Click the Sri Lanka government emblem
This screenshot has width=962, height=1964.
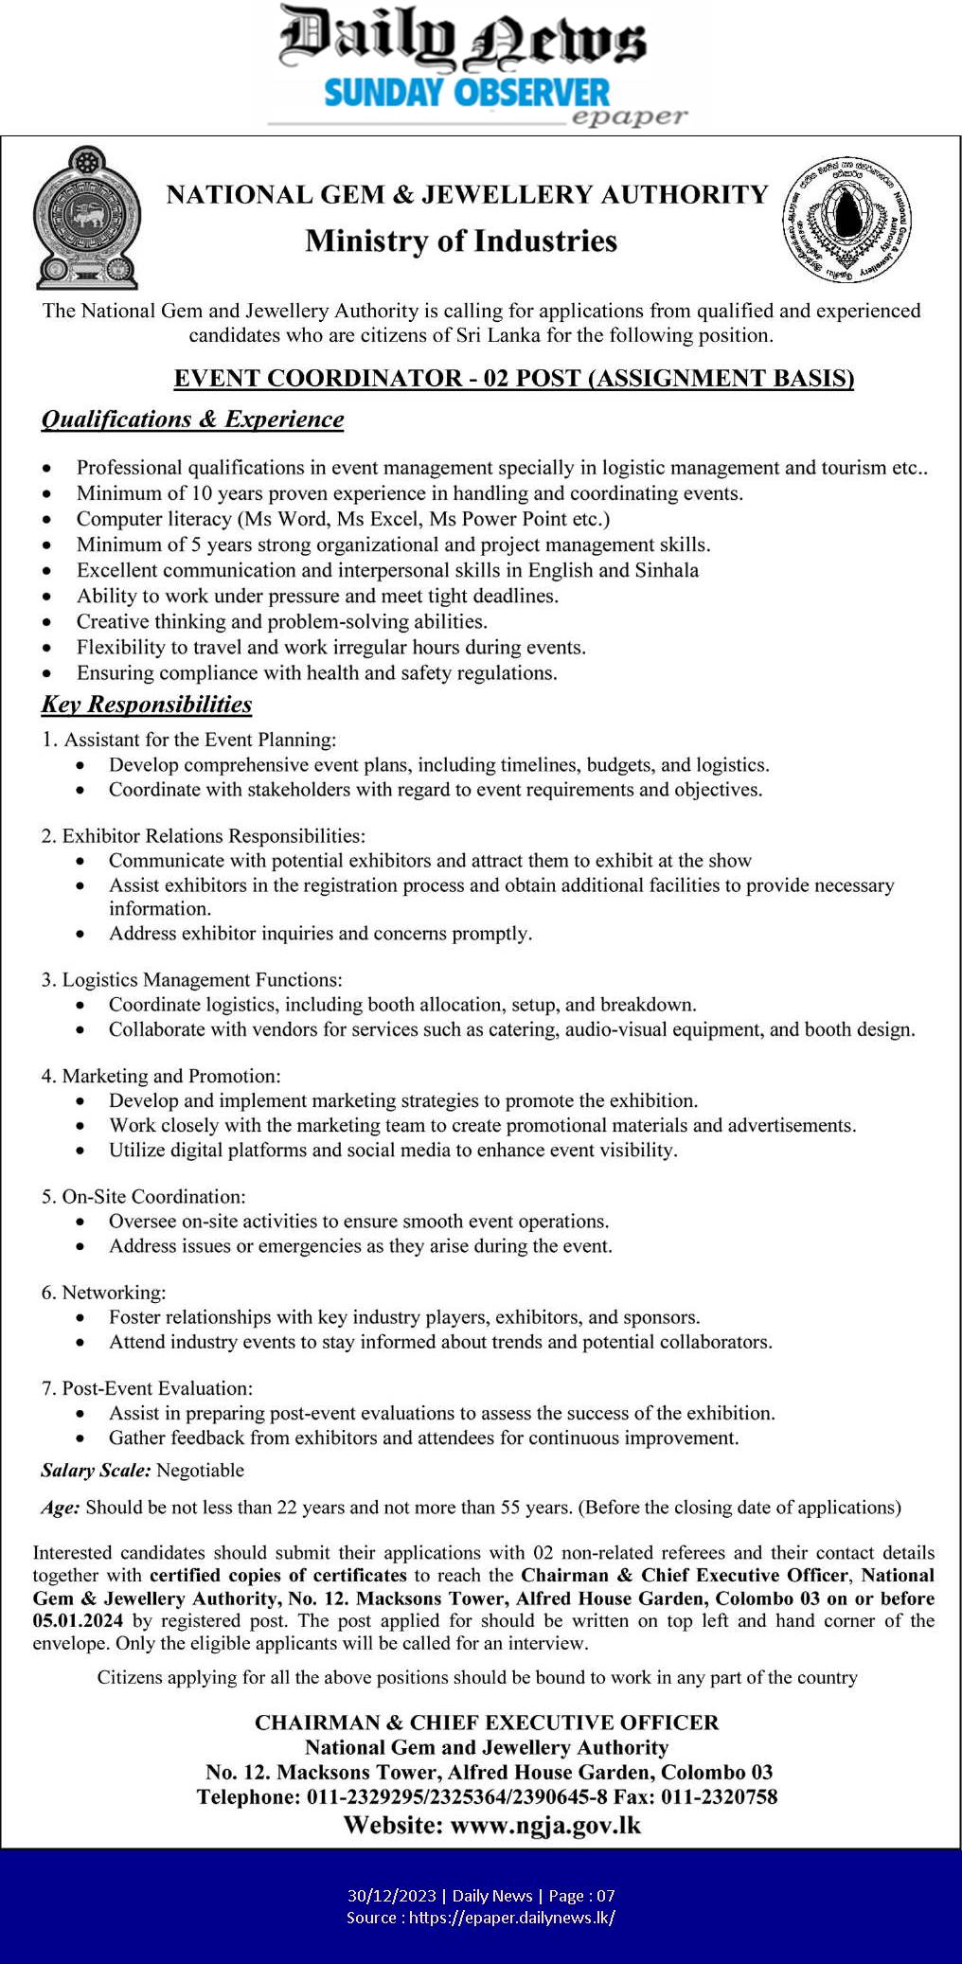[85, 218]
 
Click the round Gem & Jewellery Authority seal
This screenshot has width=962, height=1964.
[846, 219]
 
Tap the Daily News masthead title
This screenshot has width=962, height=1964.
[463, 40]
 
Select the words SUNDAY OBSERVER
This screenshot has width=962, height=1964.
[467, 92]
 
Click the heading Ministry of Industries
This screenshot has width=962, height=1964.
[461, 241]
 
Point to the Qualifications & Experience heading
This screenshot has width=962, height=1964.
[192, 420]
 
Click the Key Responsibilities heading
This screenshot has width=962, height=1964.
[147, 705]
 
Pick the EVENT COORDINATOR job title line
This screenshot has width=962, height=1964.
[514, 378]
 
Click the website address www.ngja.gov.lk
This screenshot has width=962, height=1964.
[545, 1825]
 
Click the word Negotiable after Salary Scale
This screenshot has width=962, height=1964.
[200, 1470]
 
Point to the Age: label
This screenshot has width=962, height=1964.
[61, 1507]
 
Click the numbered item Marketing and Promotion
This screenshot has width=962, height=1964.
[161, 1076]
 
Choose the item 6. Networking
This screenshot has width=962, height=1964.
[103, 1292]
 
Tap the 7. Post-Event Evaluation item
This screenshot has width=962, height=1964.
[147, 1388]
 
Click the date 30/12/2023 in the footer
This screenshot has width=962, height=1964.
[392, 1895]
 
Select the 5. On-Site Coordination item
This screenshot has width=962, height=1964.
[143, 1196]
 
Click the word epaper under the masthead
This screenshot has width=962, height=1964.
[629, 116]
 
